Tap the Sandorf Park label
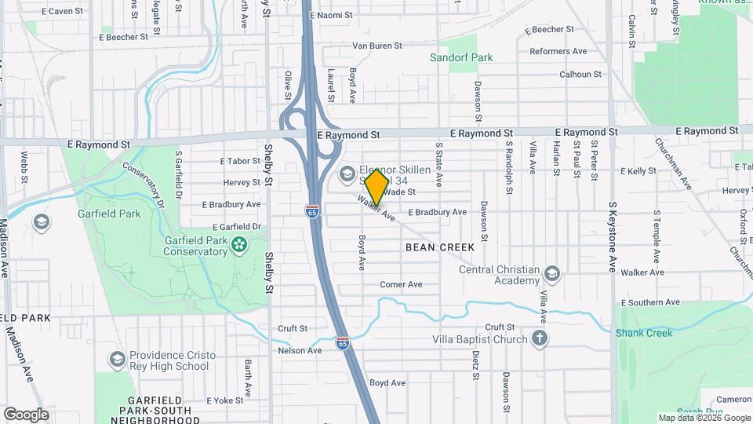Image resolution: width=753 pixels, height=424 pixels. click(461, 57)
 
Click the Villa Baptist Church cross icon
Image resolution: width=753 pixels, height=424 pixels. click(539, 339)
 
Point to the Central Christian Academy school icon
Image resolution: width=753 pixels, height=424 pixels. click(552, 274)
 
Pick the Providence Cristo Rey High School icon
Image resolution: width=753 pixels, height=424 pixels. click(118, 360)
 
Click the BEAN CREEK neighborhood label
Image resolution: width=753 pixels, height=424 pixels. click(440, 247)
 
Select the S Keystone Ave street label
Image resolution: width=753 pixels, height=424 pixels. click(611, 236)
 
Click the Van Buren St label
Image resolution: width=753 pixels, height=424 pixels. click(372, 46)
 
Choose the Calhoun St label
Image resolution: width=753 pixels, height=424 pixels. click(580, 75)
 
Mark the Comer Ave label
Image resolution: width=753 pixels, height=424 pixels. click(401, 284)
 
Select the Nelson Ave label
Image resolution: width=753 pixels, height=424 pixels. click(300, 350)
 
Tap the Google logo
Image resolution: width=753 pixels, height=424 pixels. click(26, 414)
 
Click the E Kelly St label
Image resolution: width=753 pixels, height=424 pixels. click(638, 170)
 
